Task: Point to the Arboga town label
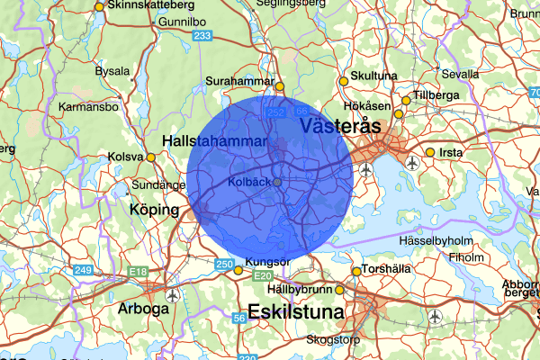click(x=144, y=309)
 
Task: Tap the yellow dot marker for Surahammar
click(x=280, y=87)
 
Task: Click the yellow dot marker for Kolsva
click(x=151, y=157)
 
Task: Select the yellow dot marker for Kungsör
click(x=238, y=270)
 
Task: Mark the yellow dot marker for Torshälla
click(x=356, y=271)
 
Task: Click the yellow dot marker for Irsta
click(x=431, y=153)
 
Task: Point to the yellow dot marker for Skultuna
click(x=343, y=81)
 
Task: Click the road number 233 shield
click(x=202, y=36)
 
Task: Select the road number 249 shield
click(x=84, y=271)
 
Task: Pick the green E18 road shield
click(x=138, y=271)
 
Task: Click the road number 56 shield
click(x=239, y=318)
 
